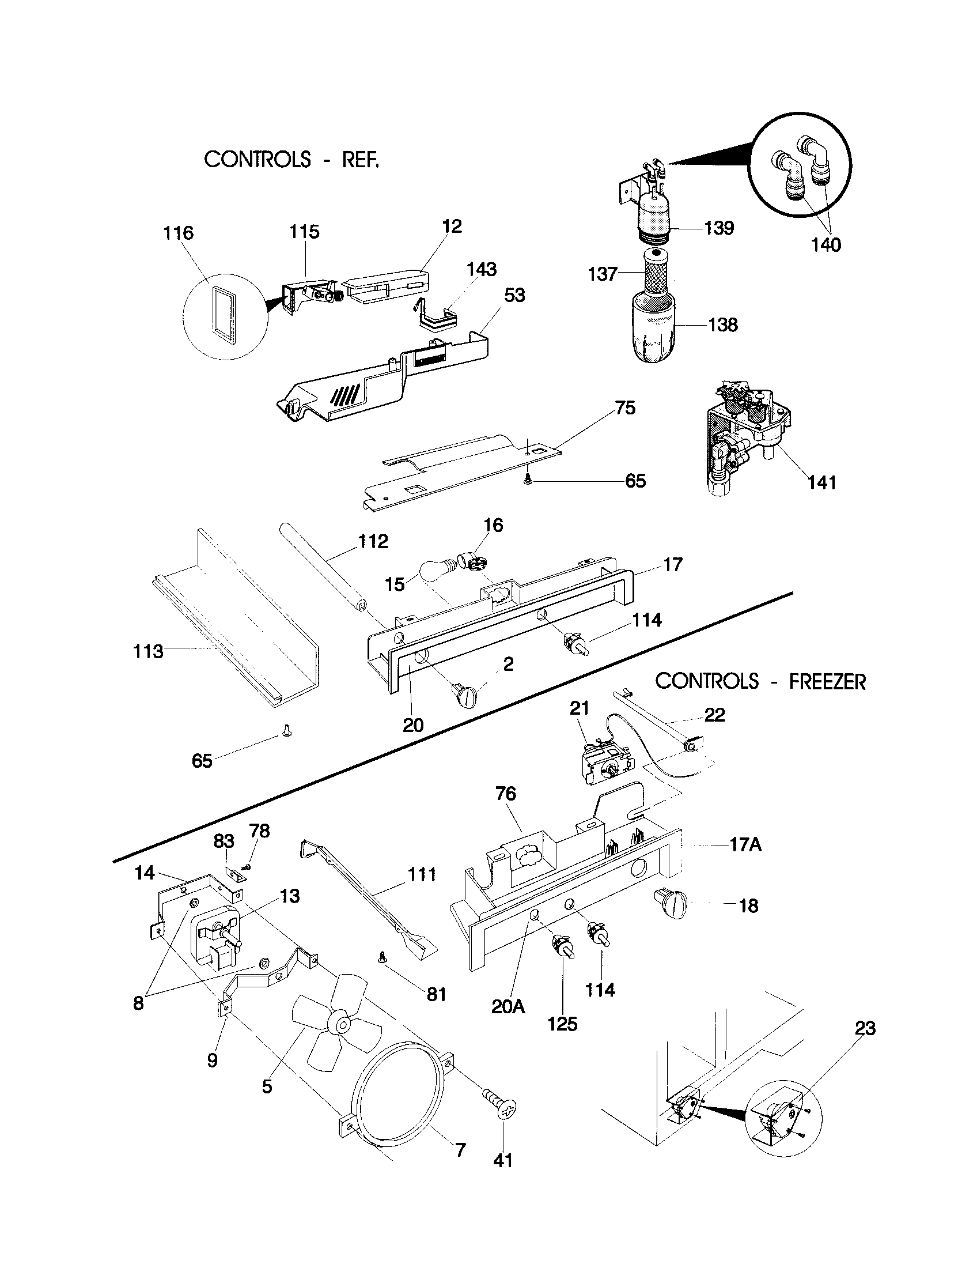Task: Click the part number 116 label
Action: [x=178, y=233]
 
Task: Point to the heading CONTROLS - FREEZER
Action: [x=760, y=681]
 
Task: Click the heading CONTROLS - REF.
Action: [x=291, y=159]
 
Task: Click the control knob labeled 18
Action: [x=671, y=904]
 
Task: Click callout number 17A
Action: [x=745, y=845]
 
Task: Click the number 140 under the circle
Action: [x=825, y=245]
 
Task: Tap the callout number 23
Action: [x=865, y=1028]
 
